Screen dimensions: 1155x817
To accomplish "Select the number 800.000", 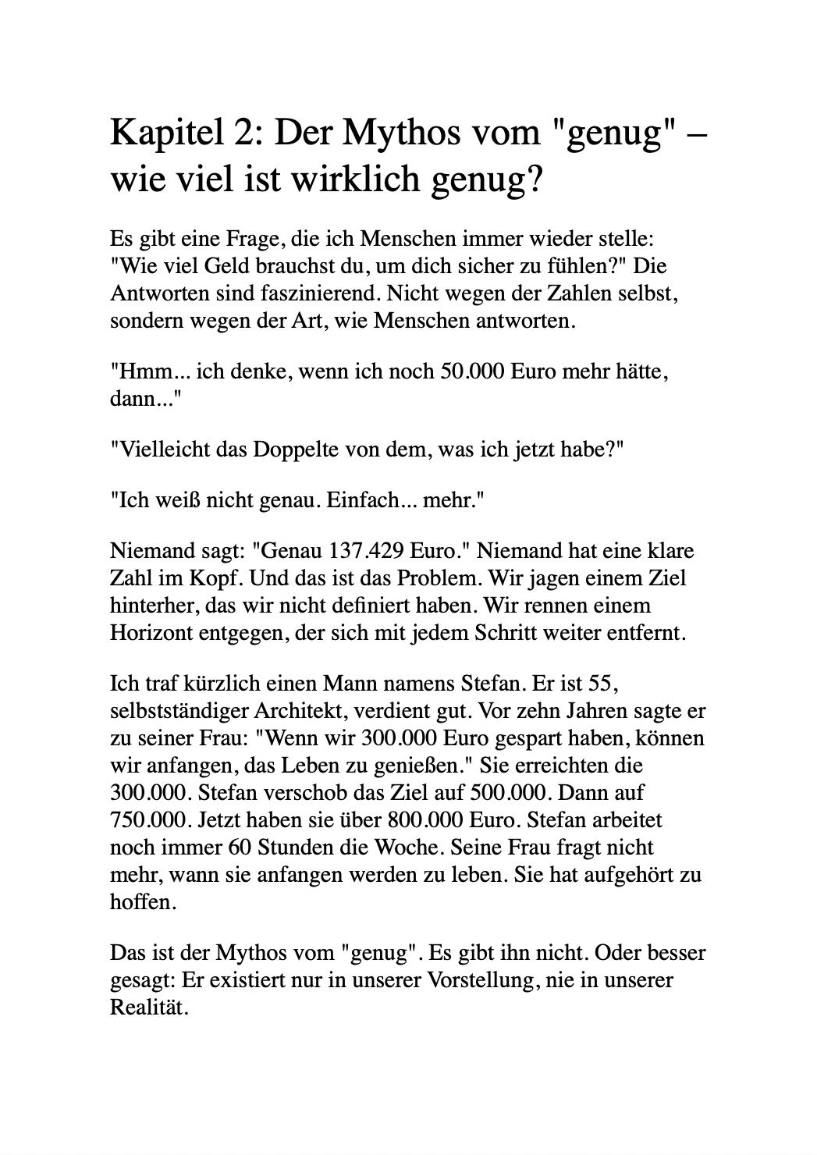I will [x=428, y=820].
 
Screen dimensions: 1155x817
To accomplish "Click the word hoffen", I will [x=140, y=902].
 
